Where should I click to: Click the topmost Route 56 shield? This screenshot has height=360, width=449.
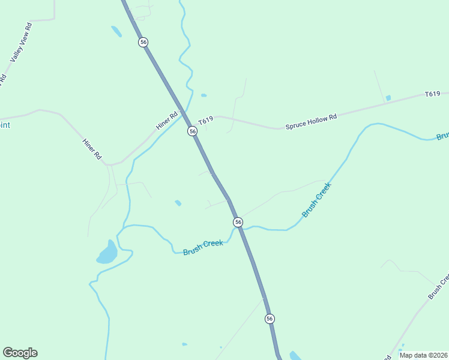(143, 42)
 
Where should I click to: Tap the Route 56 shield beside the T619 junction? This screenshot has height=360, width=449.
(192, 131)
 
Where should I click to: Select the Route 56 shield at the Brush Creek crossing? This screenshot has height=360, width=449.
(238, 222)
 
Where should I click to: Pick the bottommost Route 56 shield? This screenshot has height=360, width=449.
(270, 319)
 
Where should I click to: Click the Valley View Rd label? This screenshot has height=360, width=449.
(21, 43)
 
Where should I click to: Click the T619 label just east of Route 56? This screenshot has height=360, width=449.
(206, 121)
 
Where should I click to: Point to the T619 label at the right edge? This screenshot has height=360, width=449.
(432, 94)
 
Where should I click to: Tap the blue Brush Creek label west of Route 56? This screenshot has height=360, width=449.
(203, 247)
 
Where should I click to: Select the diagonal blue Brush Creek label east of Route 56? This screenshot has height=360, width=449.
(316, 200)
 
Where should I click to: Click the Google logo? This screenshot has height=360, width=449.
(20, 353)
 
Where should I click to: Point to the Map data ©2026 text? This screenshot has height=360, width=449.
(423, 355)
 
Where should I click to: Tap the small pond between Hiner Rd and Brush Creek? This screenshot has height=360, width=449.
(178, 203)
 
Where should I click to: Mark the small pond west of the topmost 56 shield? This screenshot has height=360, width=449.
(116, 31)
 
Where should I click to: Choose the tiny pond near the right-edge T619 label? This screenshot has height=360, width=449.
(388, 98)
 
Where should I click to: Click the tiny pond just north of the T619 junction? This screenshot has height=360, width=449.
(204, 95)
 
